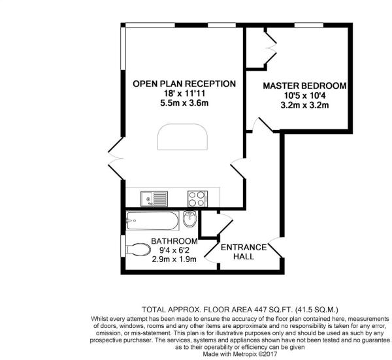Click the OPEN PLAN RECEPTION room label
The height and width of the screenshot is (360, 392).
tap(184, 84)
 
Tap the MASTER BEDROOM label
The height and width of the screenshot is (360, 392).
tap(304, 86)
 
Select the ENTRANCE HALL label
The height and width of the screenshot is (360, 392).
tap(244, 252)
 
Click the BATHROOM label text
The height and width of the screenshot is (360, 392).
tap(174, 241)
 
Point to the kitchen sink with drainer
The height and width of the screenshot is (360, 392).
tap(154, 199)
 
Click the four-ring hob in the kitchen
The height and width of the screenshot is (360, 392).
tap(197, 199)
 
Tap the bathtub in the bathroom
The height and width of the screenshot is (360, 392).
tap(152, 220)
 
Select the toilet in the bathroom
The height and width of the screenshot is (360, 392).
tap(138, 249)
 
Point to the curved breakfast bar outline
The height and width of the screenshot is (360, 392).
tap(182, 137)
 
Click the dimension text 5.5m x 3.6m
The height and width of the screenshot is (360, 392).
tap(184, 103)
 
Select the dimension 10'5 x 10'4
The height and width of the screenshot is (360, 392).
tap(304, 95)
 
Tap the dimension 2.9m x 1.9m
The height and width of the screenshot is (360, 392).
tap(174, 259)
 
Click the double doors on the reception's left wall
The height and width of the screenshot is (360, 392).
tap(116, 158)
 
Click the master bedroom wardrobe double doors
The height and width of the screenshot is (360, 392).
tap(270, 48)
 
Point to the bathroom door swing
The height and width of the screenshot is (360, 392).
tap(212, 252)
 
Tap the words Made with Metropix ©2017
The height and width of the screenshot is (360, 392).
tap(240, 354)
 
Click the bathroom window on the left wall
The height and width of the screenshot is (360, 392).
tap(123, 246)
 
